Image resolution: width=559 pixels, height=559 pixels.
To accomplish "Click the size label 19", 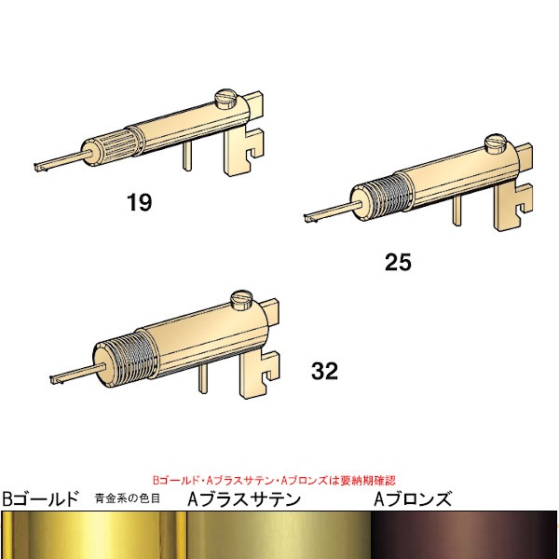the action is pos(140,202).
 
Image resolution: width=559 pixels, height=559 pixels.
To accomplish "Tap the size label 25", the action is pos(398,262).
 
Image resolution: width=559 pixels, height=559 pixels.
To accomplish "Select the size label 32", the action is pos(324,371).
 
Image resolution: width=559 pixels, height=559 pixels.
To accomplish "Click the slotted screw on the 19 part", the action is pos(225,99).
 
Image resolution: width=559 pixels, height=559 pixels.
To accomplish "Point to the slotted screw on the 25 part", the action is pos(496,143).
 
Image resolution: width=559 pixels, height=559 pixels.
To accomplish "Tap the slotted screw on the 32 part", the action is pos(241,300).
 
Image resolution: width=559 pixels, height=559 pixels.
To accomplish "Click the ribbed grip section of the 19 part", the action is pos(120,143).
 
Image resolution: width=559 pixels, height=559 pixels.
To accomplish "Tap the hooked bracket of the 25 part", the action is pos(513,205).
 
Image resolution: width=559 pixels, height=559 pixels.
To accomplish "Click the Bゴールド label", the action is pos(40,499).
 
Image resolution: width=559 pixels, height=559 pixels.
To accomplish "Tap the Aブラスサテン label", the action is pos(244,499).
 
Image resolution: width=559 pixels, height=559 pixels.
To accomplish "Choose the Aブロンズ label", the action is pos(413,499).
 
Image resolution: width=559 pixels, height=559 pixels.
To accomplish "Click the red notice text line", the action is pos(274,480).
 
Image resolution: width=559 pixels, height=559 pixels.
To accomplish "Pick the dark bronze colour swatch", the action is pos(464,535).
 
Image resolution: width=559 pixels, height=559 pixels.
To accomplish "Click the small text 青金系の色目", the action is pos(128,498).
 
